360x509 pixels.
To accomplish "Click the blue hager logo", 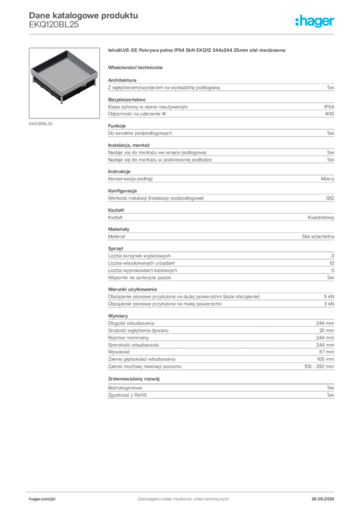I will [315, 22].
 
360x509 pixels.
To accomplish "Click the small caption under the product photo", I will [41, 123].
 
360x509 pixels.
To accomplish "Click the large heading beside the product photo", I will [197, 51].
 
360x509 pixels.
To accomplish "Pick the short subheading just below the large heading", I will [137, 67].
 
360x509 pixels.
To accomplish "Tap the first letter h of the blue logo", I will [297, 21].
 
